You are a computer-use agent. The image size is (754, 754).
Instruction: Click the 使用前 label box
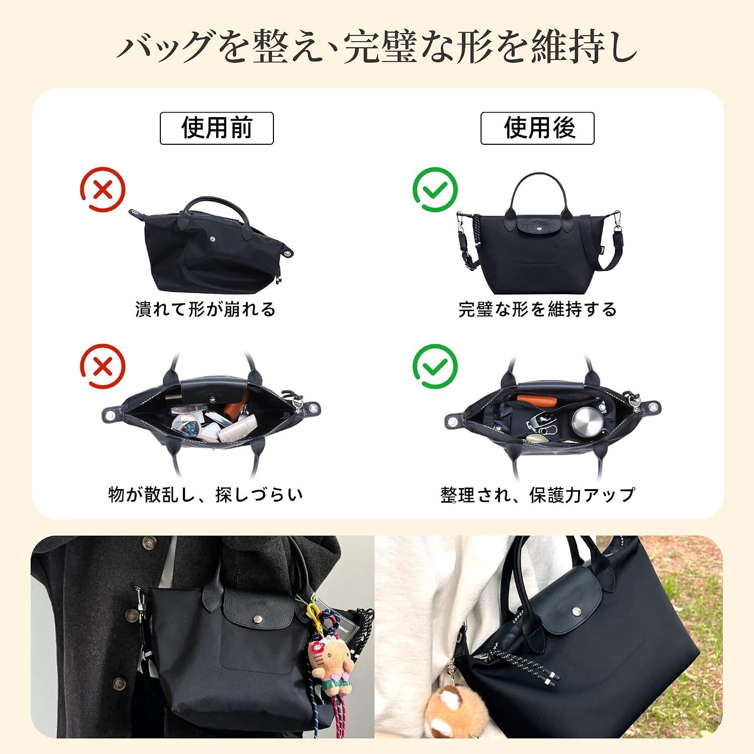click(x=217, y=128)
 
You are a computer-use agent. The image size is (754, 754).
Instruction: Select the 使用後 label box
click(x=537, y=128)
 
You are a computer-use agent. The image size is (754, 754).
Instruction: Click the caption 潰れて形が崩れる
click(x=205, y=309)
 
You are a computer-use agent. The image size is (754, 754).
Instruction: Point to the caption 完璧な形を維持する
click(x=537, y=309)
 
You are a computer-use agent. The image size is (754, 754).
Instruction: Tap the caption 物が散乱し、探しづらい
click(x=206, y=495)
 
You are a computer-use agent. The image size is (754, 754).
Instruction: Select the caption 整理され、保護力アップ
click(x=538, y=495)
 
